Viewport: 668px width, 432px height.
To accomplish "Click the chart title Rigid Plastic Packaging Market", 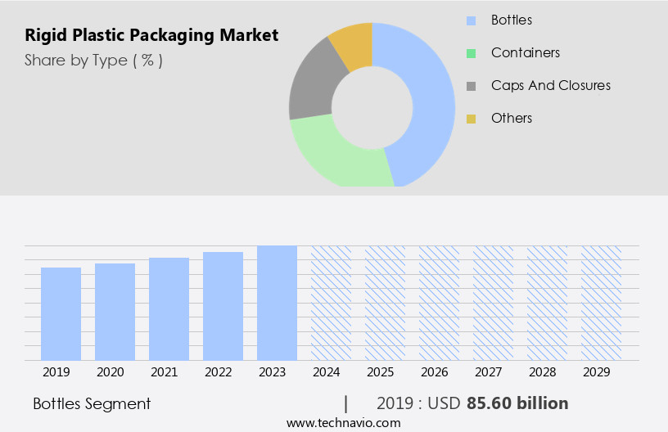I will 151,35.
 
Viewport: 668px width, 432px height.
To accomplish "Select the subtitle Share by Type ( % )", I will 93,61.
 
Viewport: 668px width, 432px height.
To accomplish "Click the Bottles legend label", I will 512,20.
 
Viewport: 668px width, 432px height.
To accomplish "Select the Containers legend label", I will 526,52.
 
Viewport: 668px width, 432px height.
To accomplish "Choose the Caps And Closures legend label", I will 550,85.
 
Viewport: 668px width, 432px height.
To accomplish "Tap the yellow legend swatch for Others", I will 471,119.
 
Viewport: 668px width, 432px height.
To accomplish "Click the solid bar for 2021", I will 169,308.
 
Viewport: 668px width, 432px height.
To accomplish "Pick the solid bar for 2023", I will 277,303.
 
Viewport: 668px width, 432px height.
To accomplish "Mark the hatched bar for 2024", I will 331,303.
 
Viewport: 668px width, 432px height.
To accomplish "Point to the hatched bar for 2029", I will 601,303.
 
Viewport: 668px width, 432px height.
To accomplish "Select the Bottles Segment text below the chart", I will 92,403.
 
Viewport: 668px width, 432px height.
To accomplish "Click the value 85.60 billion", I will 517,403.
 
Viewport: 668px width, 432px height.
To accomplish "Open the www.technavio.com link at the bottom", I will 343,422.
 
